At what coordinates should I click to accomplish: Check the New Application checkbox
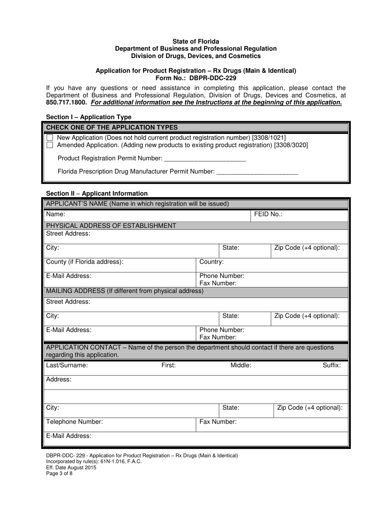point(50,137)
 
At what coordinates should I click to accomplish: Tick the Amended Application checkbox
point(50,145)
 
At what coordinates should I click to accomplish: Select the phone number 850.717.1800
point(66,102)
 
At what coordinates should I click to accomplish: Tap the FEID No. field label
point(268,214)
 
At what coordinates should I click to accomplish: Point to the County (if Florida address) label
point(85,262)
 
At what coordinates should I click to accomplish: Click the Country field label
point(211,262)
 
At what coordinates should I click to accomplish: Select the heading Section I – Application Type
point(89,117)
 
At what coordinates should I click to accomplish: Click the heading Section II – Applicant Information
point(97,193)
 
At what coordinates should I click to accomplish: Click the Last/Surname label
point(67,365)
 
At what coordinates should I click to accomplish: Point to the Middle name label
point(241,365)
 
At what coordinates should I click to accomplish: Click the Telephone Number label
point(74,422)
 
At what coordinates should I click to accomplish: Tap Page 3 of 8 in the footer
point(59,474)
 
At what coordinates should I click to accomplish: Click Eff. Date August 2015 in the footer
point(71,467)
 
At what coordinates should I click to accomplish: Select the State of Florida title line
point(196,42)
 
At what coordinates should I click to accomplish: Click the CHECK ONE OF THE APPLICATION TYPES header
point(112,127)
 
